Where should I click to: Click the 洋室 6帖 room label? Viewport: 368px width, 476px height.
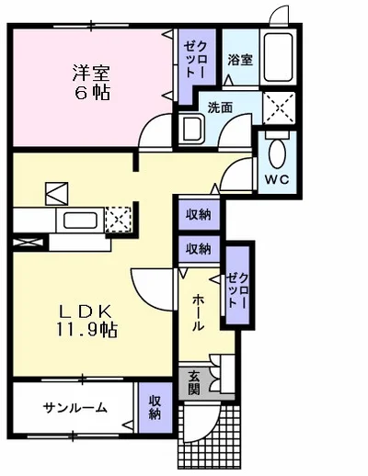[x=91, y=83]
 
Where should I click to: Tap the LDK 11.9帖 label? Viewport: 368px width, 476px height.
[x=86, y=321]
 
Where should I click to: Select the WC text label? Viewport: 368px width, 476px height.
[x=277, y=179]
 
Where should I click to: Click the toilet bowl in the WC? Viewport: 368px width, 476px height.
[x=277, y=153]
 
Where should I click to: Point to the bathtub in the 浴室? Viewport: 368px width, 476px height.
[x=278, y=57]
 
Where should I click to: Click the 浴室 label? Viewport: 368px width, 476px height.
[x=240, y=60]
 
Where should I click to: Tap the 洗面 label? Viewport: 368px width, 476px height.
[x=220, y=108]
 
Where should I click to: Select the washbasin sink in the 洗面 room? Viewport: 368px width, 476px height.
[x=191, y=129]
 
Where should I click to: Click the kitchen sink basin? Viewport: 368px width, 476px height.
[x=80, y=221]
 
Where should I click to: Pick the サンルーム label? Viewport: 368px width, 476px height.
[x=75, y=408]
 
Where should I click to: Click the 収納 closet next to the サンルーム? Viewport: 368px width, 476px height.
[x=155, y=407]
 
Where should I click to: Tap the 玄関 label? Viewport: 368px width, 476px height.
[x=194, y=382]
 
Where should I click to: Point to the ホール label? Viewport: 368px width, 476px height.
[x=198, y=312]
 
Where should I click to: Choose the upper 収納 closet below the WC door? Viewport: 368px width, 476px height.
[x=199, y=215]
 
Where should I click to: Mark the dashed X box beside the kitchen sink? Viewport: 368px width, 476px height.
[x=119, y=220]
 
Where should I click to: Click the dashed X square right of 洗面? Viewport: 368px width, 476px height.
[x=279, y=108]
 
